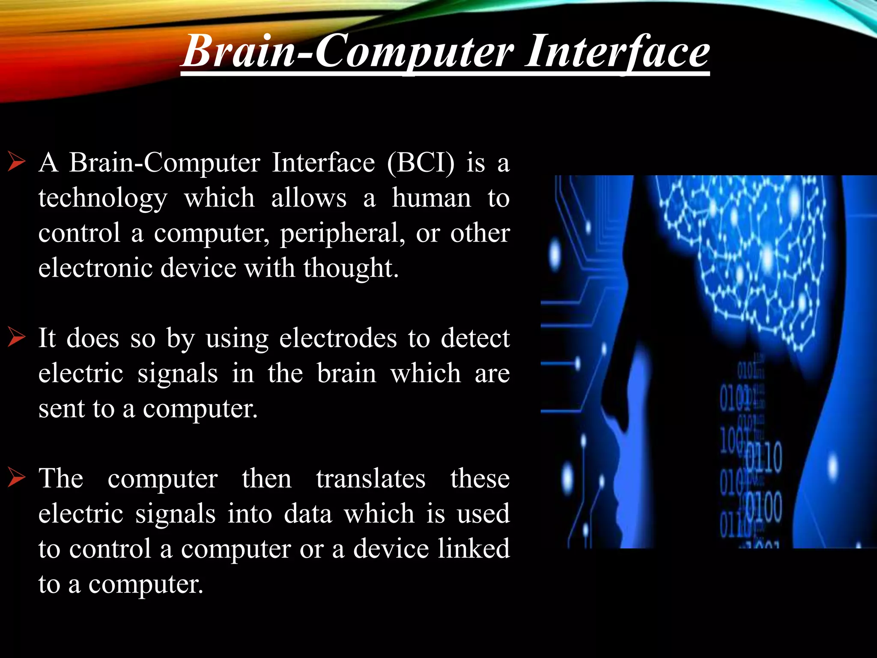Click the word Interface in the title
pyautogui.click(x=617, y=52)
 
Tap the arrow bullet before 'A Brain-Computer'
pyautogui.click(x=17, y=163)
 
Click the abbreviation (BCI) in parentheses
pyautogui.click(x=421, y=163)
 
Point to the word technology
pyautogui.click(x=103, y=198)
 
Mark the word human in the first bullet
pyautogui.click(x=431, y=198)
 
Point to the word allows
pyautogui.click(x=309, y=198)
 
